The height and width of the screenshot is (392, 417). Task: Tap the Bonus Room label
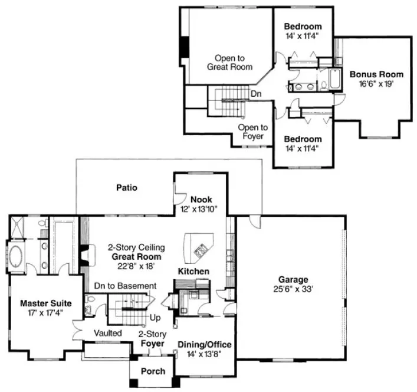(376, 74)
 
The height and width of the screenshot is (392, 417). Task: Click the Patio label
(126, 188)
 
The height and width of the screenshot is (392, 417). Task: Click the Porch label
(152, 371)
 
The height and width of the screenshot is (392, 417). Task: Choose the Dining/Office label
(204, 345)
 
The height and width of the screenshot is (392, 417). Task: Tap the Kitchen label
(193, 272)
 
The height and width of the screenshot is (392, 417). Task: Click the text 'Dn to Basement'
(125, 286)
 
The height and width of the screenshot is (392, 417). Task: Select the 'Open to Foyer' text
(252, 131)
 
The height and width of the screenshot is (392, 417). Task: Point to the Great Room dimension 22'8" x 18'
(136, 266)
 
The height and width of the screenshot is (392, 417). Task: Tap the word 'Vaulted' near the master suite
(108, 334)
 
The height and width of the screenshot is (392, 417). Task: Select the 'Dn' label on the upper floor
(256, 94)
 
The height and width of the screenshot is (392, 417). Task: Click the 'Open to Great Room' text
(229, 63)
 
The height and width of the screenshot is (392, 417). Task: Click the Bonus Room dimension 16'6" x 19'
(376, 84)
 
